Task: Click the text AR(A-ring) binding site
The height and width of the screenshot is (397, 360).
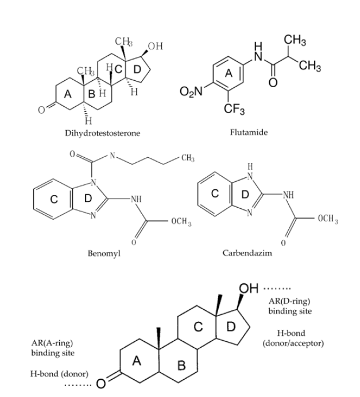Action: [52, 348]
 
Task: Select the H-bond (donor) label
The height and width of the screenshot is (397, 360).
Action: [55, 373]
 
